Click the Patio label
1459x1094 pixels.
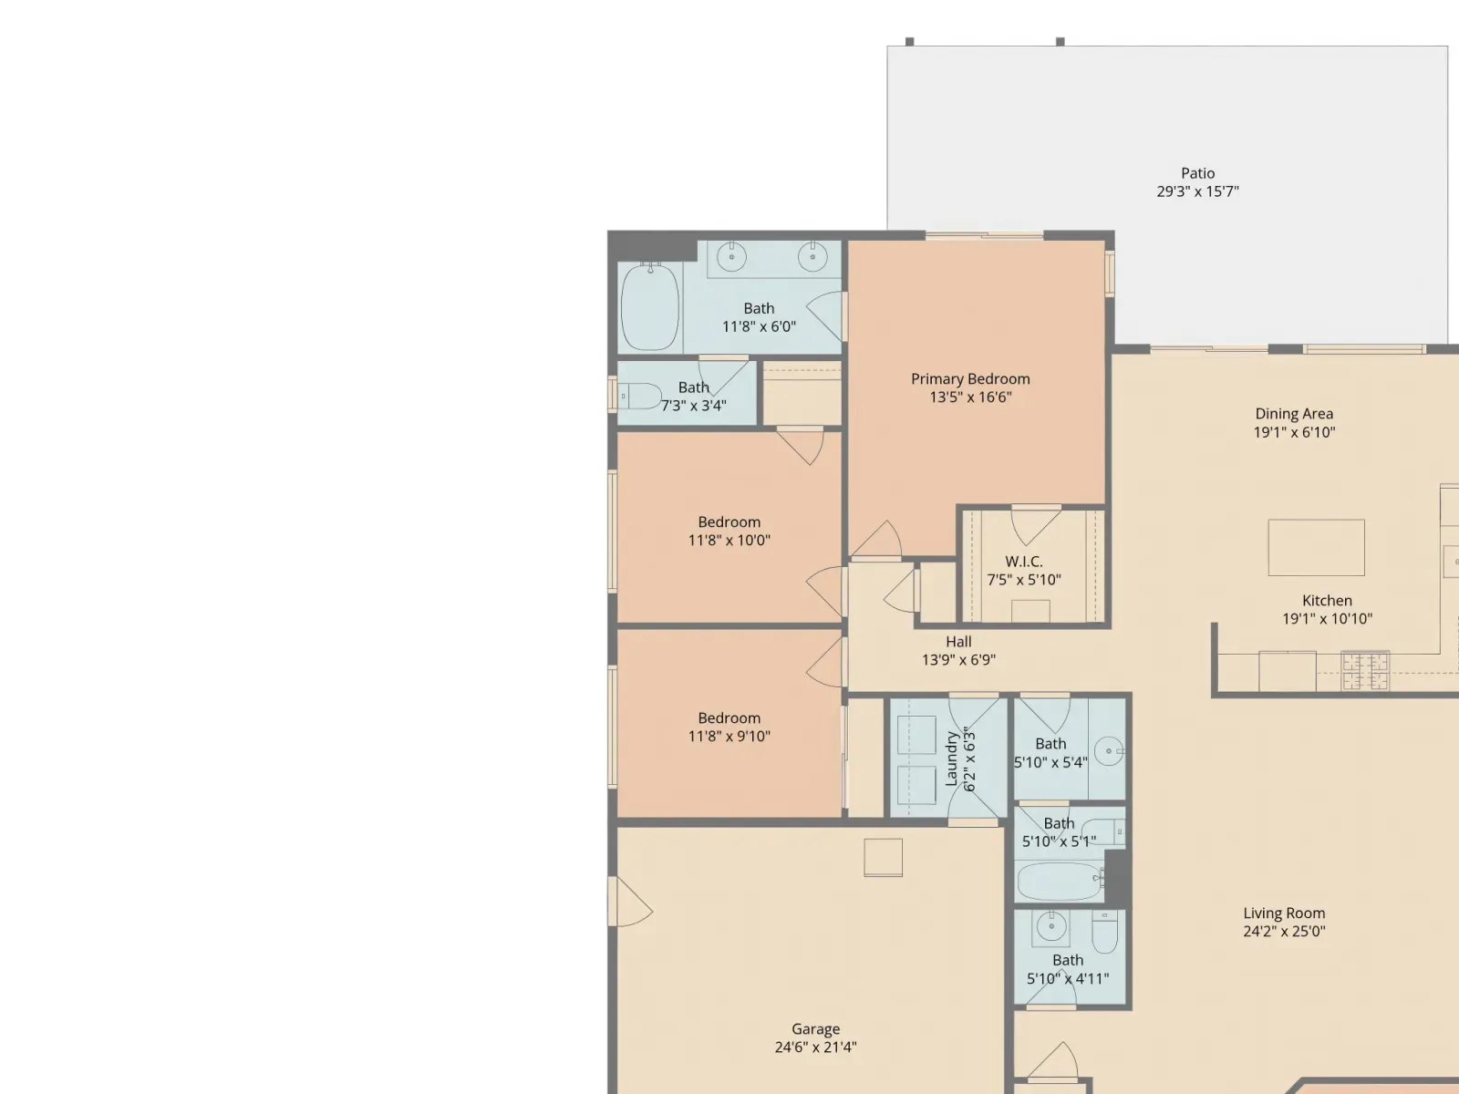pos(1198,173)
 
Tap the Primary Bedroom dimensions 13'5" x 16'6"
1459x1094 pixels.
pos(970,397)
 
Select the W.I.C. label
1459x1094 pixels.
pos(1024,562)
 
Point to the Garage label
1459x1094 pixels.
pos(815,1029)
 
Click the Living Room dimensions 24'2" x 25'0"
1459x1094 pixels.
pos(1284,931)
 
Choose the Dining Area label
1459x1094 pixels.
pos(1294,414)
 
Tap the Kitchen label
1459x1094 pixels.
pos(1327,601)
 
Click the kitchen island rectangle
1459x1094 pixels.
pos(1316,547)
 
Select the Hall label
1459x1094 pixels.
pos(958,642)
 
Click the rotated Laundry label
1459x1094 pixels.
pos(951,759)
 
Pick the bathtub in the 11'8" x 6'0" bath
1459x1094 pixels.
pos(650,306)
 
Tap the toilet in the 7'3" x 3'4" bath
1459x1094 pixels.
pos(639,397)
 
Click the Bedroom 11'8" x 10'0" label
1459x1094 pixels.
pos(729,522)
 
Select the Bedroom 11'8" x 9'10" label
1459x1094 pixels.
pos(729,718)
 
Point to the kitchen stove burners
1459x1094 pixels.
pos(1365,671)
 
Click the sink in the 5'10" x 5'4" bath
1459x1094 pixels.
pos(1110,751)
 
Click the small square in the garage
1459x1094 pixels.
pos(884,858)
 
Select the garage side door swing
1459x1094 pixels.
pos(631,902)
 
